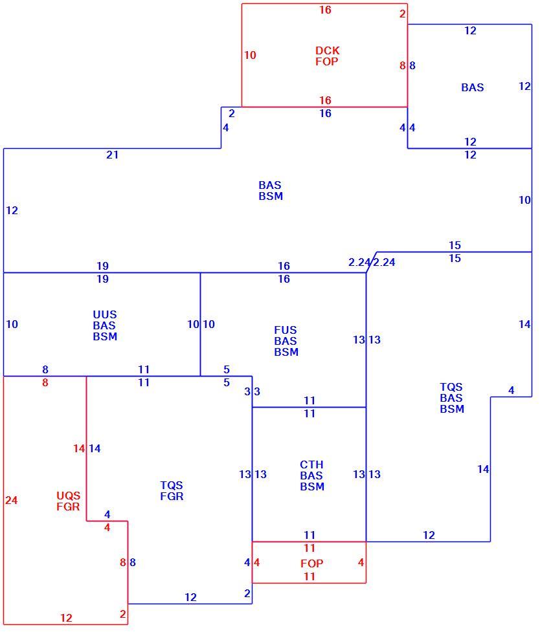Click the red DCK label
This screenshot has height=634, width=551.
click(327, 50)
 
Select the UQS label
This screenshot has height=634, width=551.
click(69, 496)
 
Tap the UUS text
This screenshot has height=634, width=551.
click(105, 314)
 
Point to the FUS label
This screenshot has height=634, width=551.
click(285, 330)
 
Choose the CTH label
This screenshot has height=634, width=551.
click(311, 465)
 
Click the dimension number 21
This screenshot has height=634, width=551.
click(113, 155)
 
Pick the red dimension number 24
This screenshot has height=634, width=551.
click(11, 501)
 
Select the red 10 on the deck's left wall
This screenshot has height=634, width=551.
click(250, 55)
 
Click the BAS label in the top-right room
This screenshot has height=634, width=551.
click(473, 87)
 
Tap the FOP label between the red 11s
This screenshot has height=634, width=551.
click(312, 563)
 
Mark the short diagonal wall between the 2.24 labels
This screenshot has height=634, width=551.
click(372, 263)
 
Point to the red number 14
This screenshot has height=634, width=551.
click(79, 448)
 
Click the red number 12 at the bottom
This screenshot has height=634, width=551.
click(66, 618)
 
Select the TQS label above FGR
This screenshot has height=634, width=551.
click(172, 485)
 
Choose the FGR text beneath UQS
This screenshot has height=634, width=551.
click(68, 507)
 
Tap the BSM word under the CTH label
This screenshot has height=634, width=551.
click(312, 486)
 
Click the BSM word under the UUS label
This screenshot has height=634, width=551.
click(105, 336)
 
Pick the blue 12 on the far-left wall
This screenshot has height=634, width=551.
click(12, 211)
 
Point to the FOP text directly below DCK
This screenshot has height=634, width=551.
click(327, 61)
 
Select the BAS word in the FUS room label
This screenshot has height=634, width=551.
click(285, 341)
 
